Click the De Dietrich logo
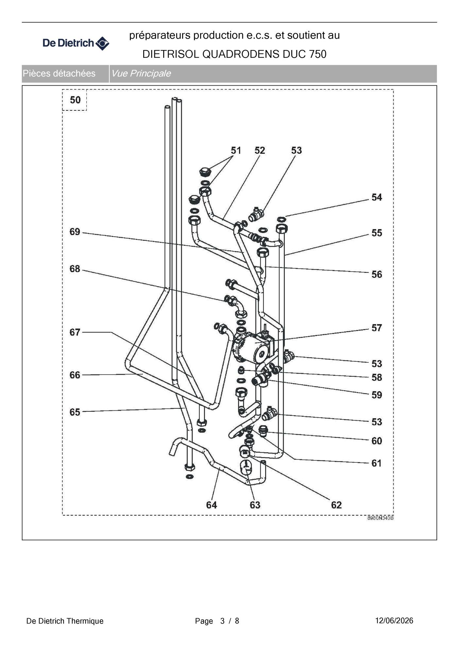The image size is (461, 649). point(76,43)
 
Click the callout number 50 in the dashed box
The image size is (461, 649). point(75,100)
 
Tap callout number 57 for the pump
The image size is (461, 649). point(377,328)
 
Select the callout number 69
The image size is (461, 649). point(75,232)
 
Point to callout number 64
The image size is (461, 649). point(212,505)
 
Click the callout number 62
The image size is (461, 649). point(336,505)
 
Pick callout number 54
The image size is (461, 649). point(377,197)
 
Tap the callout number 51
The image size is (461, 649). point(236,150)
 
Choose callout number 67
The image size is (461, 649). point(75,332)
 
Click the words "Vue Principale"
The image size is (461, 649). point(141,74)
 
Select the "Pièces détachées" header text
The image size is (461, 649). point(59,74)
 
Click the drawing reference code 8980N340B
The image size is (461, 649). point(380,518)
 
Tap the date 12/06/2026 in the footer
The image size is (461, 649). point(394,621)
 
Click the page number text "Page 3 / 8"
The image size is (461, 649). point(217,621)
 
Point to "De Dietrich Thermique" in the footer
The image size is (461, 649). point(65,621)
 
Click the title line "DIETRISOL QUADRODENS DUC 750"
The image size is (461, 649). point(234,54)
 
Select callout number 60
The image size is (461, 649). point(377,441)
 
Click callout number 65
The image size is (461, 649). point(75,412)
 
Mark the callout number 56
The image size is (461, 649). point(377,275)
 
